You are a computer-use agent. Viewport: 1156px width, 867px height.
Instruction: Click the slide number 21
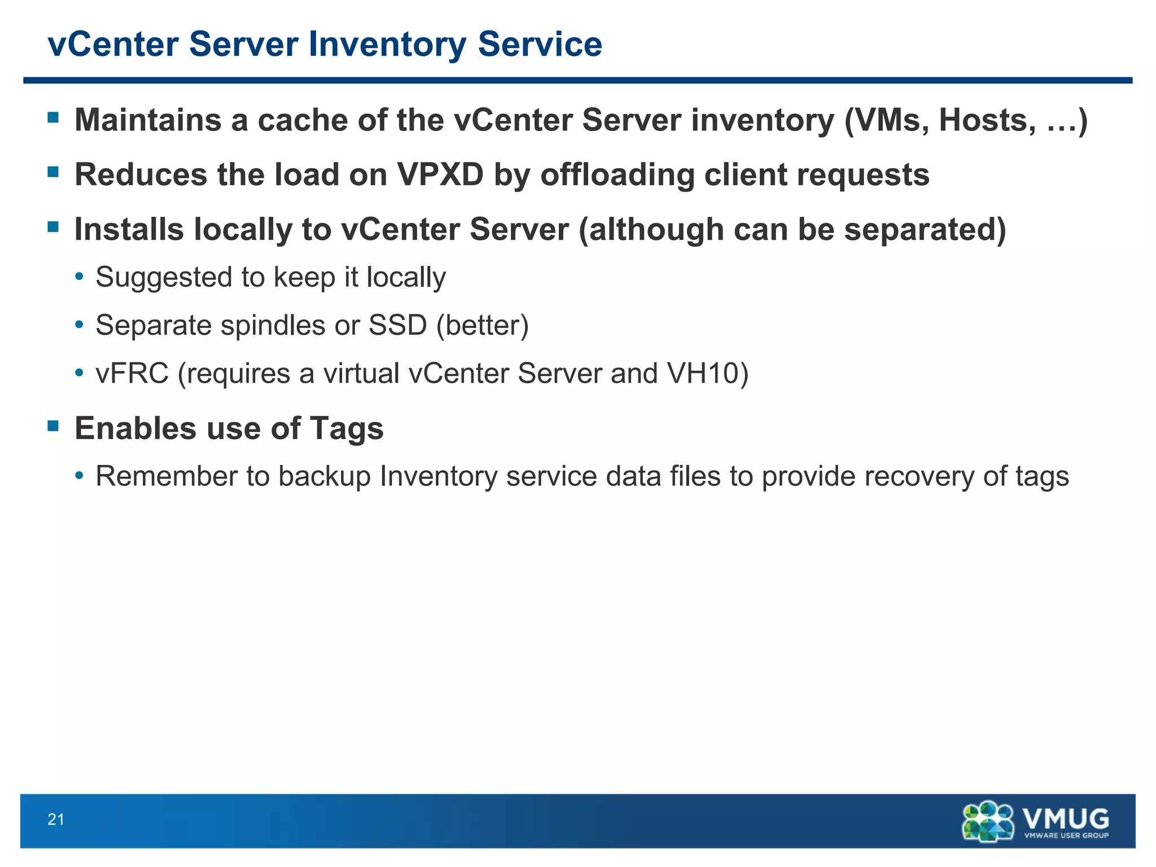tap(56, 819)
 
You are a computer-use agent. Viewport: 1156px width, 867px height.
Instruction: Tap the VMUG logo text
tap(1065, 818)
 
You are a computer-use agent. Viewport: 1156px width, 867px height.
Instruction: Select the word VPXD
tap(440, 174)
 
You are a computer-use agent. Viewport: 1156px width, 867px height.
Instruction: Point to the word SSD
tap(397, 325)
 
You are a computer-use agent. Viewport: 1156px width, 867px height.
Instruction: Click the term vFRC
tap(132, 374)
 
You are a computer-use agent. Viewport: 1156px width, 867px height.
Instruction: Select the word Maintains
tap(148, 120)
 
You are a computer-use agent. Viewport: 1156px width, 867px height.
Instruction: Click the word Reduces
tap(141, 174)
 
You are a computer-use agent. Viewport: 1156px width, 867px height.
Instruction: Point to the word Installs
tap(129, 229)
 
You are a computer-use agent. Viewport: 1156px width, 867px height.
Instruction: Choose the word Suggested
tap(164, 278)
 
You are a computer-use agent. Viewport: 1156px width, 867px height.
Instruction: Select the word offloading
tap(617, 174)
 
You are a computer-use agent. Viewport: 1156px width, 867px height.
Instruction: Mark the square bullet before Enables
tap(54, 426)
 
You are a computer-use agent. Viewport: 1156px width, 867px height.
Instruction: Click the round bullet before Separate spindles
tap(80, 325)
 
